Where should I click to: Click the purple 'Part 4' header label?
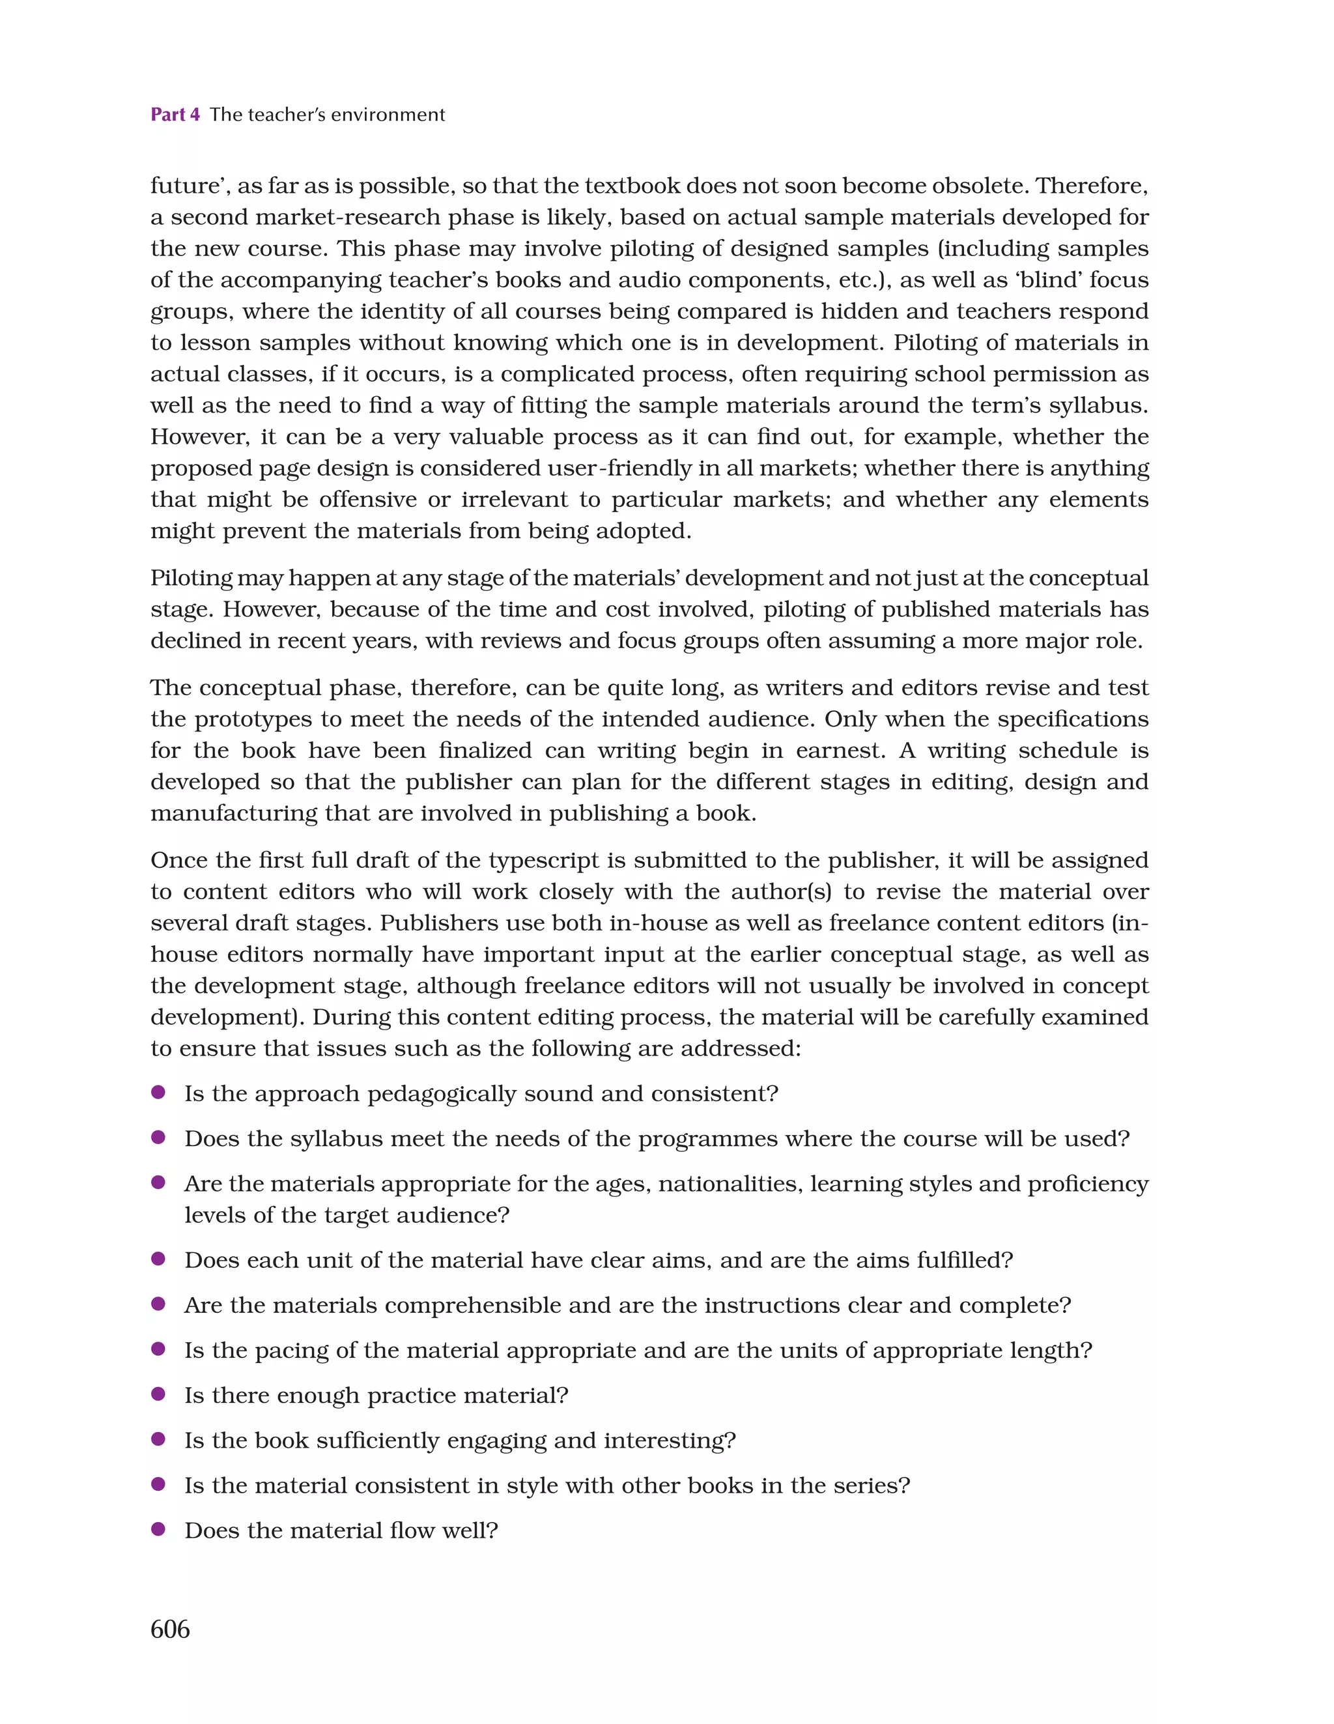pyautogui.click(x=175, y=115)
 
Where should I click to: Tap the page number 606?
pyautogui.click(x=170, y=1630)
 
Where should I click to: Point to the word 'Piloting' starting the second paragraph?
pyautogui.click(x=191, y=578)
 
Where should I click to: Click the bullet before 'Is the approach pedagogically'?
pyautogui.click(x=158, y=1093)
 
